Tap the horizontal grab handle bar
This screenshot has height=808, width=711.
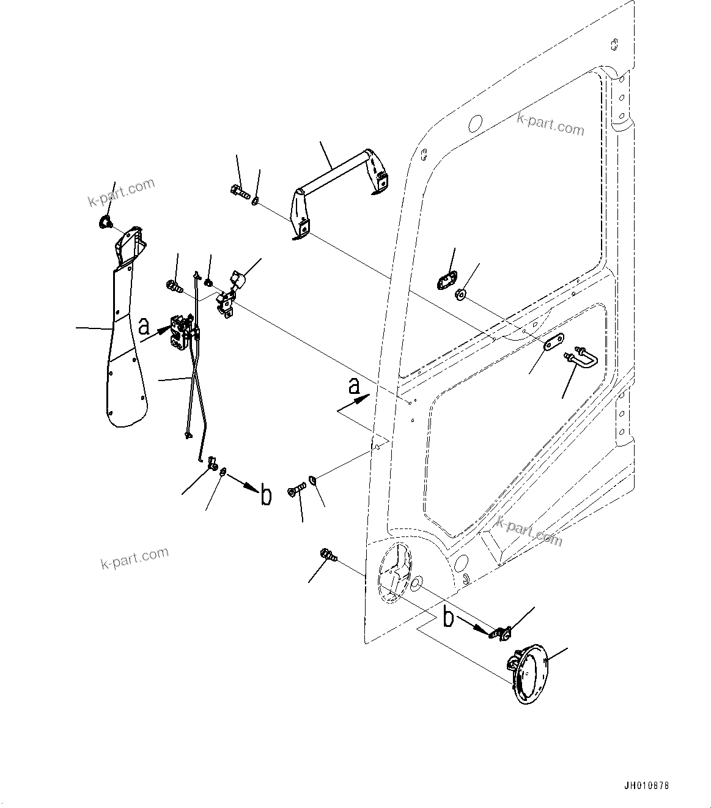coord(333,177)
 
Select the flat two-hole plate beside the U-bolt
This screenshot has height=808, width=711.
coord(553,341)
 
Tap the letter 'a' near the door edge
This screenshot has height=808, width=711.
coord(353,387)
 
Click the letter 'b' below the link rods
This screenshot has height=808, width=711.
coord(266,495)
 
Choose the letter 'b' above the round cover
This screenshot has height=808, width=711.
coord(448,618)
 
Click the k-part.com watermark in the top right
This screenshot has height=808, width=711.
coord(550,124)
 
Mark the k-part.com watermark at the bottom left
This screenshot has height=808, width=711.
coord(134,558)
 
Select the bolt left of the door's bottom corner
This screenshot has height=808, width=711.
coord(328,556)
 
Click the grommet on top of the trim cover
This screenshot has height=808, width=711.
coord(105,222)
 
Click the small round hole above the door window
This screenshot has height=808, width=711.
coord(475,124)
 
